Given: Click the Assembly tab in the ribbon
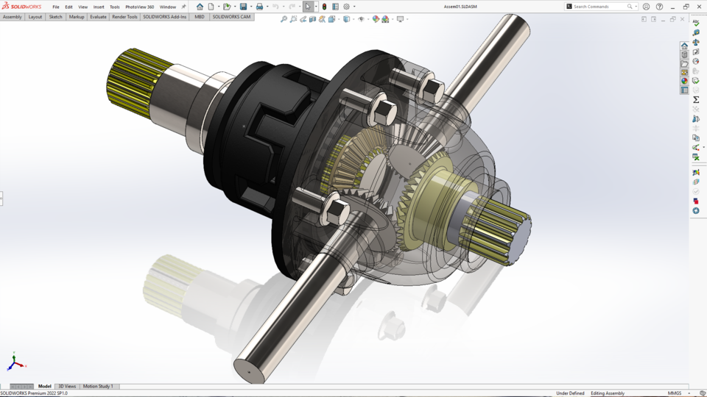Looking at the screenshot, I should (x=13, y=16).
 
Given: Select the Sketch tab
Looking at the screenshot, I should (x=55, y=16).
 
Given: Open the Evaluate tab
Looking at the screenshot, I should (x=98, y=16).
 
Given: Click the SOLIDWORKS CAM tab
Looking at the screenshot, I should (x=231, y=16).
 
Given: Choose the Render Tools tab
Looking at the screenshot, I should (x=124, y=16).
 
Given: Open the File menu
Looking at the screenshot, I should (x=55, y=7).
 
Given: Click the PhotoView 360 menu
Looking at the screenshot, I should (x=139, y=7).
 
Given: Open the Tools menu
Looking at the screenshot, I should (x=114, y=7).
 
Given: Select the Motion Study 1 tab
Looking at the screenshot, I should (x=99, y=386).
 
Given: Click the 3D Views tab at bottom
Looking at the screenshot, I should (x=67, y=386).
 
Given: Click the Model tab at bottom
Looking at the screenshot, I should (x=45, y=386).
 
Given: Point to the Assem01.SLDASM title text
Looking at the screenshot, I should (x=460, y=7).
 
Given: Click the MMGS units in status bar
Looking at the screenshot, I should (x=674, y=393).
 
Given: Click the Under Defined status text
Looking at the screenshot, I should (x=570, y=393).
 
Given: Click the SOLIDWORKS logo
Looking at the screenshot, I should (x=21, y=7).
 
